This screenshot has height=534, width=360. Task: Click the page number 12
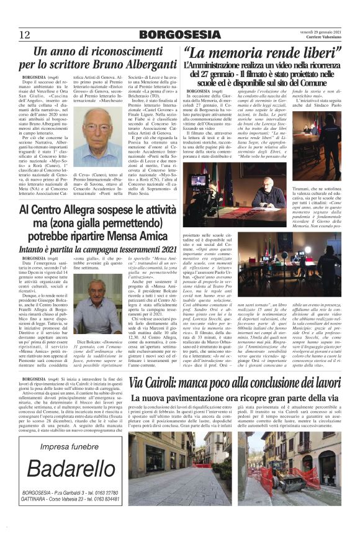point(25,34)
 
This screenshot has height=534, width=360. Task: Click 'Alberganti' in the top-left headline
point(128,64)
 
